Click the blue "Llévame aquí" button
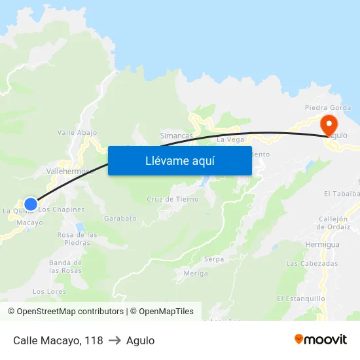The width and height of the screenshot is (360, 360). (179, 160)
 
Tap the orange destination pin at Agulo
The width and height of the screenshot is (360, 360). (328, 123)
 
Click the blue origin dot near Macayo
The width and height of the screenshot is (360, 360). (30, 204)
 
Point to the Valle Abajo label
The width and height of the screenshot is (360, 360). (77, 132)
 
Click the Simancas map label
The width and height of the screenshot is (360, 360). (176, 135)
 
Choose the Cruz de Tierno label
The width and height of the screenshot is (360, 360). (173, 199)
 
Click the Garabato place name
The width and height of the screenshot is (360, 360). (120, 218)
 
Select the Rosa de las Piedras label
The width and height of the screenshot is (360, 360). (77, 238)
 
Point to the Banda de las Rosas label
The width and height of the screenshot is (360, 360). (65, 266)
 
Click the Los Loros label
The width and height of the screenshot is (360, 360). (49, 291)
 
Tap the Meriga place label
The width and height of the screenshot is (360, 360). (196, 273)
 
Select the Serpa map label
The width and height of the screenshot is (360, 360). (213, 259)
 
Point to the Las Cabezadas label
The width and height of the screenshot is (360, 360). (312, 263)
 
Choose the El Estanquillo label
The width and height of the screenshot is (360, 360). (300, 298)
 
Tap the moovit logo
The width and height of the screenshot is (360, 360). (321, 340)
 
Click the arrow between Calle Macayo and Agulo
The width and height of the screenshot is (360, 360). (115, 340)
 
